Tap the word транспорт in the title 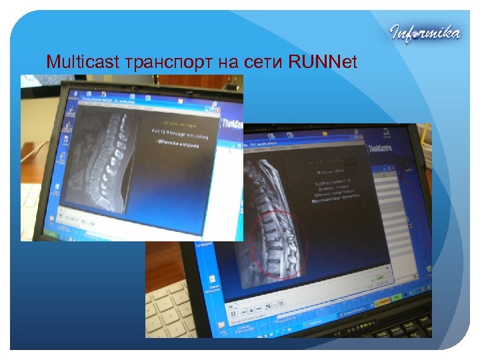pyautogui.click(x=167, y=63)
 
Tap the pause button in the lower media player pyautogui.click(x=233, y=312)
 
